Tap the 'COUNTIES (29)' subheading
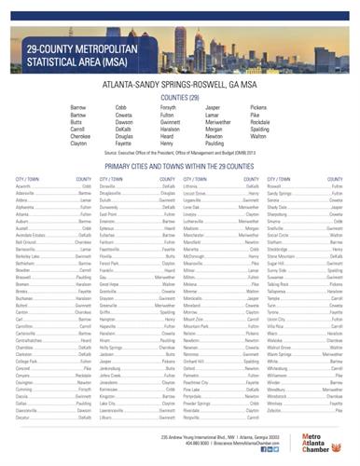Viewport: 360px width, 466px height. [179, 96]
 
